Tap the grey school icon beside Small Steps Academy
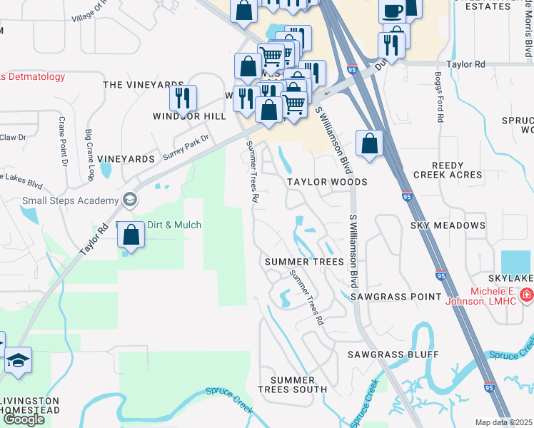[x=129, y=198]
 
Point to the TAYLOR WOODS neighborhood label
[x=327, y=182]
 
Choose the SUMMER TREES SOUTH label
[x=293, y=384]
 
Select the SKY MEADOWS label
[x=448, y=225]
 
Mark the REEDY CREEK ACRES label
[x=448, y=170]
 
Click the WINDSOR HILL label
[x=183, y=116]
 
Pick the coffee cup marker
[x=391, y=11]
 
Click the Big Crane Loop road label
[x=90, y=155]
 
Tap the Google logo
[x=24, y=419]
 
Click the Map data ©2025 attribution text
[x=504, y=422]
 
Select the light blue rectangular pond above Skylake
[x=515, y=263]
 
